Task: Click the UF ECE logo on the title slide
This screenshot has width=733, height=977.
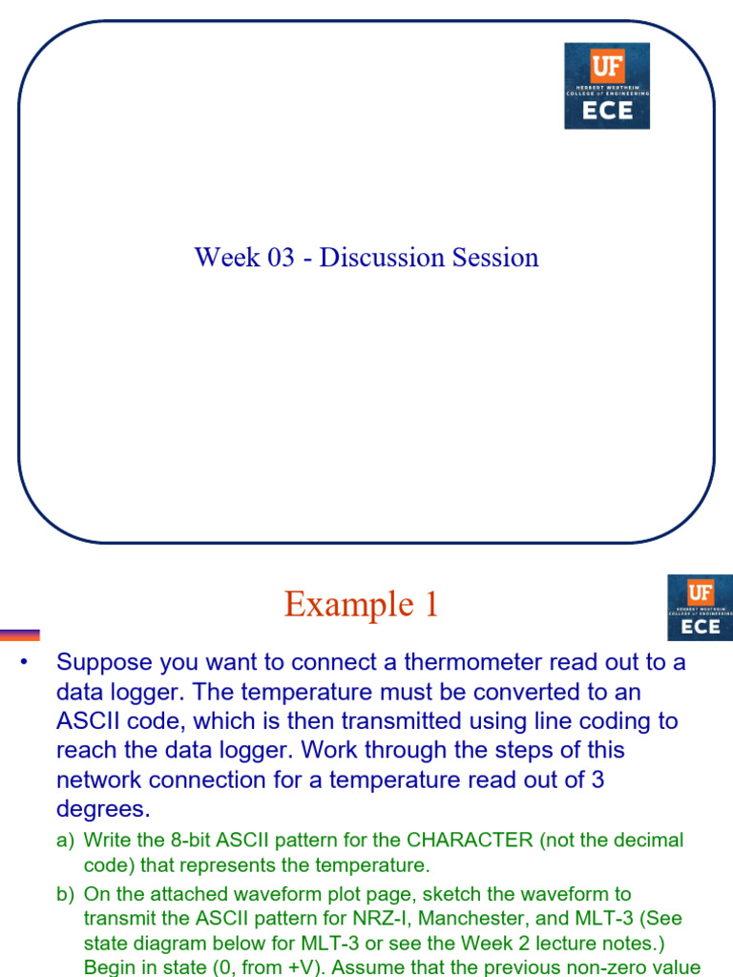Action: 607,86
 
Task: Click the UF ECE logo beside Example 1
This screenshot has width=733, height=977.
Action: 700,608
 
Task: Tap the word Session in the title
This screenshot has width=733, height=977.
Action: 495,258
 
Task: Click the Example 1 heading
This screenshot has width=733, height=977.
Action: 361,604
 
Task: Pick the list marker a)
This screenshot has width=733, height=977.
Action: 65,841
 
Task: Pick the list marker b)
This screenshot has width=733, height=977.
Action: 65,895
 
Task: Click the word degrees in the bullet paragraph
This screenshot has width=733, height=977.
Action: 103,809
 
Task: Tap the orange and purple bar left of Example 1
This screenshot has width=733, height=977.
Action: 20,634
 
